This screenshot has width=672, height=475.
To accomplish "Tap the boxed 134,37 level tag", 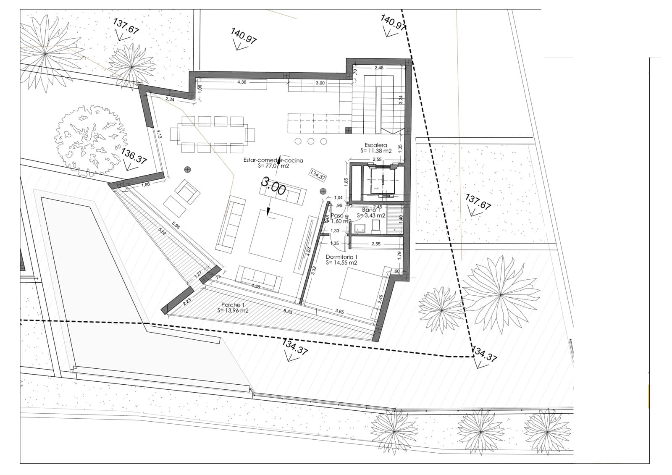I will tap(318, 175).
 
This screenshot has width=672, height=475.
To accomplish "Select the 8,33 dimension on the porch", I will tap(288, 311).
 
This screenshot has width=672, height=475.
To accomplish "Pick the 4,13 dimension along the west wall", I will tap(159, 134).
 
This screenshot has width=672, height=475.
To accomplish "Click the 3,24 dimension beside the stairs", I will tap(400, 100).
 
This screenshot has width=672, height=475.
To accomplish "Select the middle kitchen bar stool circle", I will tap(311, 141).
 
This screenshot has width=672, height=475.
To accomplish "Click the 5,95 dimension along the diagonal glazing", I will tap(176, 226).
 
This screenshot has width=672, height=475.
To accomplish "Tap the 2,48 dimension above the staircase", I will tap(379, 68).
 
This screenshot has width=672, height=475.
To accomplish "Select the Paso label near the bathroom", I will tap(337, 216).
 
